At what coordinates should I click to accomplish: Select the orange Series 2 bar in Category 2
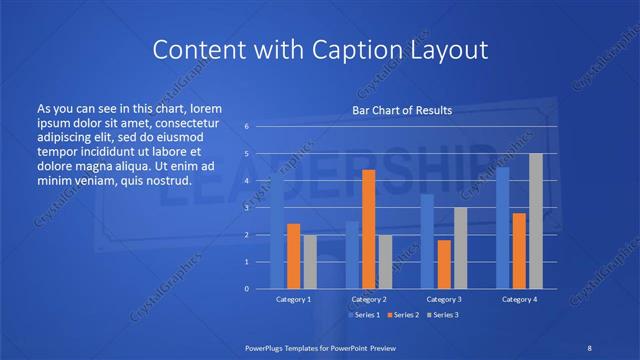click(x=368, y=229)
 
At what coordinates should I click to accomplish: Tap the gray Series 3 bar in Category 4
click(x=536, y=221)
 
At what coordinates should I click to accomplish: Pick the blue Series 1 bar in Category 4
click(x=502, y=228)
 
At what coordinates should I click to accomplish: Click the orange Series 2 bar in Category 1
click(x=293, y=256)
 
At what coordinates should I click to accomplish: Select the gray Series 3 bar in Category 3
click(x=461, y=248)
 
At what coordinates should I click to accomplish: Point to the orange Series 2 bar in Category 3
click(x=444, y=264)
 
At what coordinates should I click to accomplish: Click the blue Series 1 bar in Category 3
click(x=427, y=241)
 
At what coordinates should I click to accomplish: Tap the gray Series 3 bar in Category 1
click(x=310, y=262)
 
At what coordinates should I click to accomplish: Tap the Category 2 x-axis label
click(x=368, y=299)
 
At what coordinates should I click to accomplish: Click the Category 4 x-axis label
click(x=518, y=299)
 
